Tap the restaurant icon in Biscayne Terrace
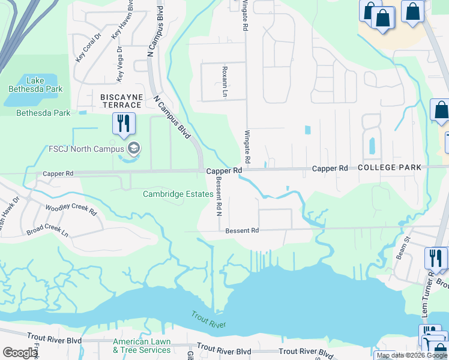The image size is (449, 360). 123,124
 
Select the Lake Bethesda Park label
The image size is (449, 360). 35,84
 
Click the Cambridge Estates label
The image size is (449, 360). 178,194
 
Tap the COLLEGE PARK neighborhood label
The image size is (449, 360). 390,168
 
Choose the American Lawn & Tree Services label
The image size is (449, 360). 142,346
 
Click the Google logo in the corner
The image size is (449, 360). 20,353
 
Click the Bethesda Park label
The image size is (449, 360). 43,113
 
